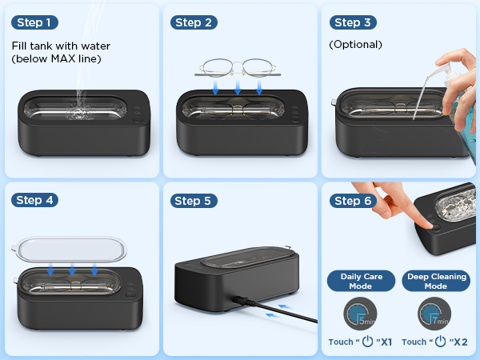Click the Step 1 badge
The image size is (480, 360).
click(x=37, y=22)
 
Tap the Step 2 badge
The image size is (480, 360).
click(x=195, y=22)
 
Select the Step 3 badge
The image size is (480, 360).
click(x=354, y=22)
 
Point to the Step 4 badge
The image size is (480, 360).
click(x=37, y=200)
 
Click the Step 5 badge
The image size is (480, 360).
click(x=195, y=200)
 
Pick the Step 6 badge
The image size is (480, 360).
click(x=354, y=200)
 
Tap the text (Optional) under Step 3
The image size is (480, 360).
click(x=355, y=45)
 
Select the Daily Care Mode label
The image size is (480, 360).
click(x=361, y=281)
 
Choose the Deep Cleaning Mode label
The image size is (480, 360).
click(x=435, y=281)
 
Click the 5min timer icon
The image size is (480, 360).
click(x=360, y=314)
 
